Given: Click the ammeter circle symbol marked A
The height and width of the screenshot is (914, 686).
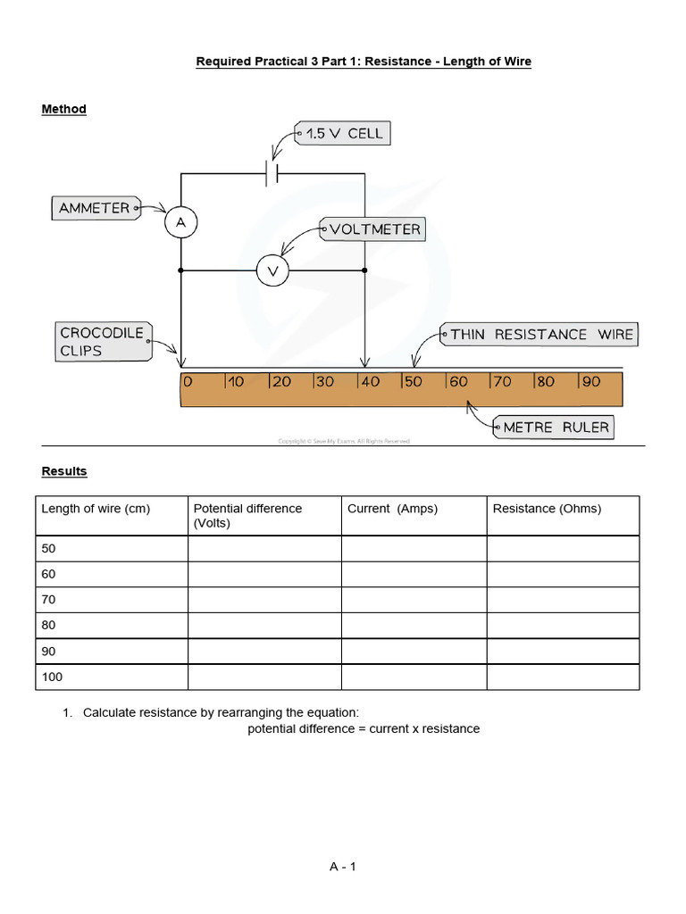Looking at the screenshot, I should coord(180,223).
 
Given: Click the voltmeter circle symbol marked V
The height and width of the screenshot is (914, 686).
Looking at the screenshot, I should coord(273,270).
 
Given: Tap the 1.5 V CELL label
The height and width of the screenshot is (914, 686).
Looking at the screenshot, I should coord(344,134).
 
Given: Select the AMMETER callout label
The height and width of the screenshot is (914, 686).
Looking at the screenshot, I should coord(94,208).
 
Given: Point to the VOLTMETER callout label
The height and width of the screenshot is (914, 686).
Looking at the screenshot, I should coord(374,229).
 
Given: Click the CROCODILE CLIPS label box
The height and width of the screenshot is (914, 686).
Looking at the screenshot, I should coord(103,342).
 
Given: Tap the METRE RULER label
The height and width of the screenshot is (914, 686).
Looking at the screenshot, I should coord(556,428).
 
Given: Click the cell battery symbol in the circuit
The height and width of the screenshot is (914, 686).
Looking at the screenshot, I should coord(272,172).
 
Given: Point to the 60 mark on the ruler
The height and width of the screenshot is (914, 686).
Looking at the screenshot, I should coord(457,381).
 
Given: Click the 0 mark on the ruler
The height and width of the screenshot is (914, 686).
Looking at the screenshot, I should coord(188,381).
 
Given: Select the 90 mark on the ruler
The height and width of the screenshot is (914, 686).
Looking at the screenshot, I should coord(590,381).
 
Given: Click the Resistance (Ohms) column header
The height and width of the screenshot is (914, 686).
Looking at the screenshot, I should coord(547,509).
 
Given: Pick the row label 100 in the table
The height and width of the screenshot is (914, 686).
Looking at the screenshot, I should coord(53,677).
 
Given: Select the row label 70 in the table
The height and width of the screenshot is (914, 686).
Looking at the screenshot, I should coord(48,600).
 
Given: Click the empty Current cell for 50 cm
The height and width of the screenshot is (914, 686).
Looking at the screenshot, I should coord(414,548).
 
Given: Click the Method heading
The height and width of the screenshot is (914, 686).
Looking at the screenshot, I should coord(64,109).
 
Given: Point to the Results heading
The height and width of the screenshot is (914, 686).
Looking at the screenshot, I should coord(64,471).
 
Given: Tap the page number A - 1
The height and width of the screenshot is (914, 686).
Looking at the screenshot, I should coord(342,866).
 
